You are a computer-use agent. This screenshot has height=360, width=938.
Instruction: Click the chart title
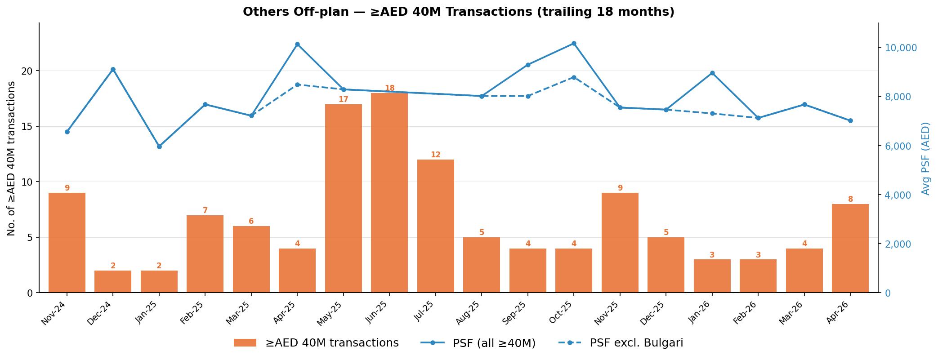(459, 12)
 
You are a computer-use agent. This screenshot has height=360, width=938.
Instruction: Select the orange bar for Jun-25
(389, 193)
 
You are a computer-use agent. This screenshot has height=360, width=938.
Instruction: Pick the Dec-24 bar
(113, 282)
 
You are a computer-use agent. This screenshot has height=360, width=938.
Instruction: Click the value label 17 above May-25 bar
(343, 100)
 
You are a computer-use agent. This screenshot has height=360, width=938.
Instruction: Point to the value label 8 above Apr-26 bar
(850, 200)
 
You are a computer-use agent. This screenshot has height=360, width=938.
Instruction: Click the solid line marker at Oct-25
(574, 44)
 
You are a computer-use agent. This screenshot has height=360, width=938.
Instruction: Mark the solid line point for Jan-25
(159, 147)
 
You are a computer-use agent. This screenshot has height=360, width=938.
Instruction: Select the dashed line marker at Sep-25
(528, 96)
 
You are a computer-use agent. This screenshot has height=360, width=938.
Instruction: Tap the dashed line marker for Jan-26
(712, 114)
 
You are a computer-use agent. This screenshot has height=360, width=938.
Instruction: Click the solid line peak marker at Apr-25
(297, 44)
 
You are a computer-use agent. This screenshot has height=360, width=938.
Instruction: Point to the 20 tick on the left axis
(28, 71)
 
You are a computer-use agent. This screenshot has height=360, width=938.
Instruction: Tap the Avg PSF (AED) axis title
(925, 158)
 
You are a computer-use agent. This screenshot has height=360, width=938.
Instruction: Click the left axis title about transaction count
(11, 158)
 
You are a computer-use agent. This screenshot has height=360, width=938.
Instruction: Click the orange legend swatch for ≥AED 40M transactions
(245, 343)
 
